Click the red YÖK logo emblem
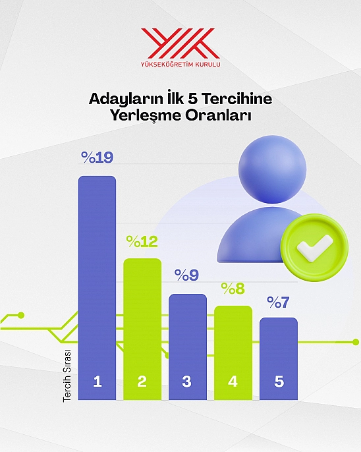point(180,43)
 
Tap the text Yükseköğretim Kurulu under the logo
point(180,64)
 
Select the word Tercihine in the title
point(236,99)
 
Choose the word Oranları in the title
point(219,115)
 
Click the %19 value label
point(97,157)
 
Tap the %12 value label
point(142,242)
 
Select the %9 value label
point(186,275)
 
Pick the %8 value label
point(233,289)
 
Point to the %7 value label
point(278,302)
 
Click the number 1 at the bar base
point(97,381)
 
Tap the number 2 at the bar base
point(142,381)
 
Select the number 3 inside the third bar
point(186,381)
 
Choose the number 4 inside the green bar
point(233,381)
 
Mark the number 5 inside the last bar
point(279,381)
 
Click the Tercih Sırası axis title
point(67,376)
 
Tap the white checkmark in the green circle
point(315,248)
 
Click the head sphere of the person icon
point(272,169)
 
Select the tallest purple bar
point(97,288)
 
